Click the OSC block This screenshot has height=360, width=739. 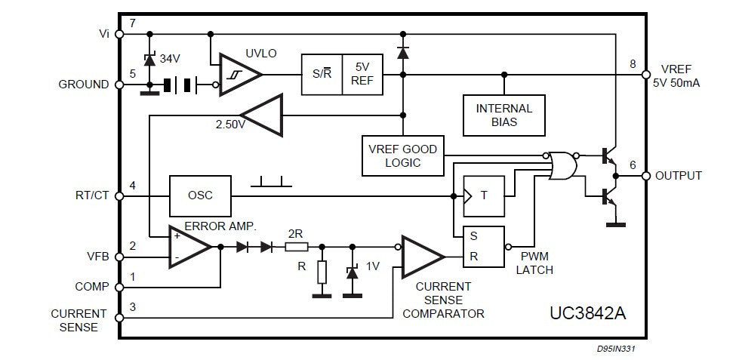click(200, 195)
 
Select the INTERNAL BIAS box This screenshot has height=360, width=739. click(503, 115)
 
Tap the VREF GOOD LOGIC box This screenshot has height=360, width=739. click(403, 155)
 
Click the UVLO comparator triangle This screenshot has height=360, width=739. click(240, 75)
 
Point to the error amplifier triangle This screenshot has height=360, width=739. click(190, 247)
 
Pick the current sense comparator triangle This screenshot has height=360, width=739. click(423, 257)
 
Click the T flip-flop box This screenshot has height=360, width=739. click(484, 196)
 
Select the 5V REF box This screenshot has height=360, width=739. click(362, 75)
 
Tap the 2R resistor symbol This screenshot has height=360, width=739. click(297, 247)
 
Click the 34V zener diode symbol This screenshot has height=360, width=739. click(149, 60)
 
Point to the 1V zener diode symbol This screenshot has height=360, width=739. click(352, 272)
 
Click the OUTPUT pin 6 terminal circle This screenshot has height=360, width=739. click(646, 176)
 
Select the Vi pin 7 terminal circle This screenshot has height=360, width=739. click(119, 34)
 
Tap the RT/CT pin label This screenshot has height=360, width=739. click(92, 195)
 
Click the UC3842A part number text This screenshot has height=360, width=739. click(588, 313)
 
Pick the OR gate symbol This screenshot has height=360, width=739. click(562, 166)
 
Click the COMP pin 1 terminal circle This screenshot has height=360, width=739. click(119, 287)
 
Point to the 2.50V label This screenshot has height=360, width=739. click(230, 125)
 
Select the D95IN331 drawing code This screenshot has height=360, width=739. click(617, 349)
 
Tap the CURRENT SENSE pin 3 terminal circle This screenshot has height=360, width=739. click(119, 318)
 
